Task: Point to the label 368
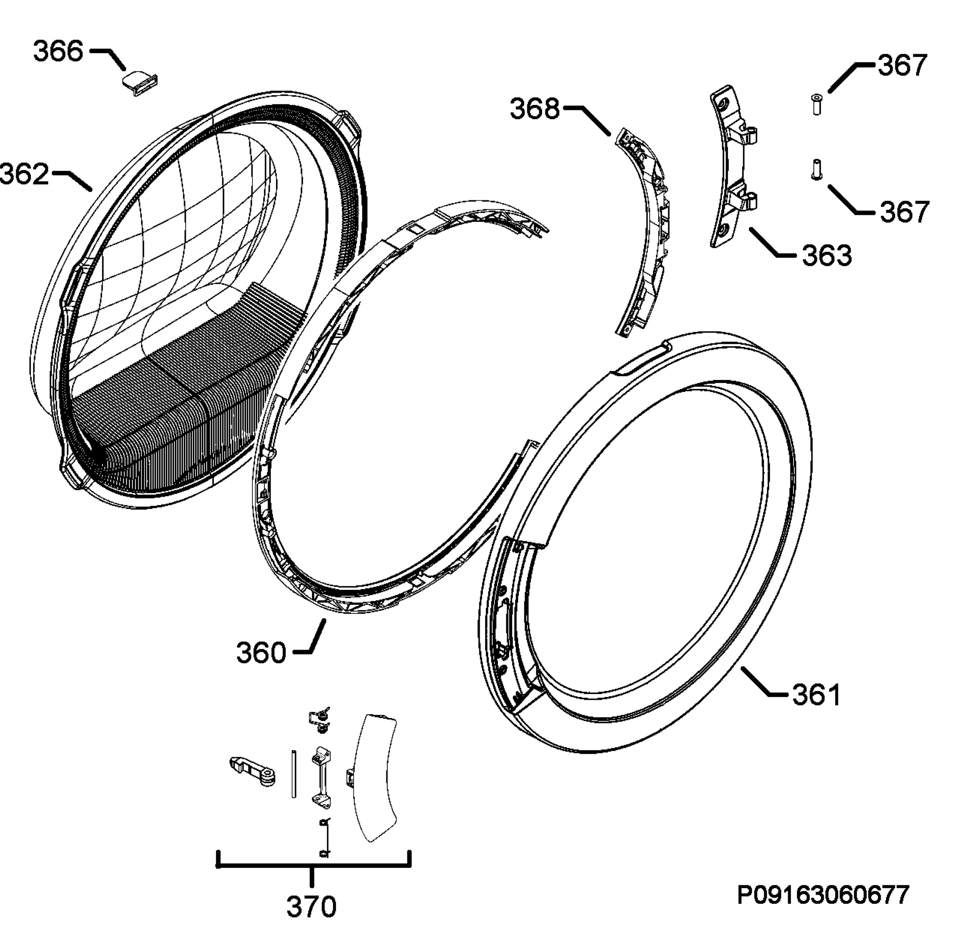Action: (x=535, y=109)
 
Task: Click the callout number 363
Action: (x=827, y=256)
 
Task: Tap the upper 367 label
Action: (x=903, y=65)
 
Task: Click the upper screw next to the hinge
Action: (x=817, y=104)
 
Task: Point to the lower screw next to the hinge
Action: (x=816, y=170)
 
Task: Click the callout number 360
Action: (x=261, y=653)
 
